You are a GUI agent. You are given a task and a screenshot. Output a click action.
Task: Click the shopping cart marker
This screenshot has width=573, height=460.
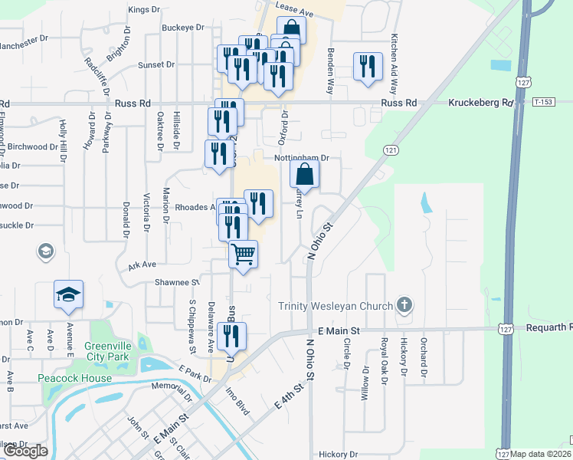click(244, 254)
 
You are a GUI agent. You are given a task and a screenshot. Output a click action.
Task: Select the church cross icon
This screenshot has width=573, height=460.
click(404, 306)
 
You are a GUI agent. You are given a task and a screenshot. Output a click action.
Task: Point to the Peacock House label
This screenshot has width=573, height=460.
click(75, 378)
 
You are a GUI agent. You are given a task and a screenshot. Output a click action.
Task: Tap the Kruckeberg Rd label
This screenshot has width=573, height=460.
click(480, 103)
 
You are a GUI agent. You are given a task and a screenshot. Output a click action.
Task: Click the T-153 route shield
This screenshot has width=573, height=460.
click(544, 102)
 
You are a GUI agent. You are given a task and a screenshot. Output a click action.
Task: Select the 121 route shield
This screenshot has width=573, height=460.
click(391, 151)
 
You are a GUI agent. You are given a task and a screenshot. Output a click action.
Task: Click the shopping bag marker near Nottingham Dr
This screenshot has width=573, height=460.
click(305, 174)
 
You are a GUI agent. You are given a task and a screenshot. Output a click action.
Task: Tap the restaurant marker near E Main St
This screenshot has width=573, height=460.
click(231, 336)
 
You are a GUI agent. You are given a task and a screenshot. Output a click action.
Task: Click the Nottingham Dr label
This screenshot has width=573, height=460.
click(301, 158)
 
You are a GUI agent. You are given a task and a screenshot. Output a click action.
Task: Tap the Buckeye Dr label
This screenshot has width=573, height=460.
click(183, 27)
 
